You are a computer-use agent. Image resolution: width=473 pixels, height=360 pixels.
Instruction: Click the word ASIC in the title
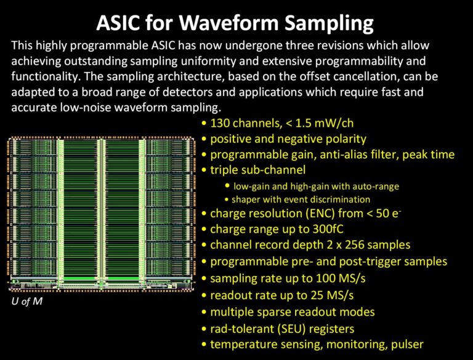click(x=118, y=23)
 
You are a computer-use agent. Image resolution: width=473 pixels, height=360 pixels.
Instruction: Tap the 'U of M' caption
click(x=27, y=301)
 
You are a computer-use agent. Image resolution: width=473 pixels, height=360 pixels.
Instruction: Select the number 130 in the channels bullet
click(x=220, y=123)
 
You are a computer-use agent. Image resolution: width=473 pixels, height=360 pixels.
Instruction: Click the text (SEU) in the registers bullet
click(x=291, y=329)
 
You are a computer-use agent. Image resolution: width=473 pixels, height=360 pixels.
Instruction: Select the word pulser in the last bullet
click(x=407, y=345)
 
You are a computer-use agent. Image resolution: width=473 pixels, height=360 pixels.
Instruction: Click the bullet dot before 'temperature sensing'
click(x=204, y=345)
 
